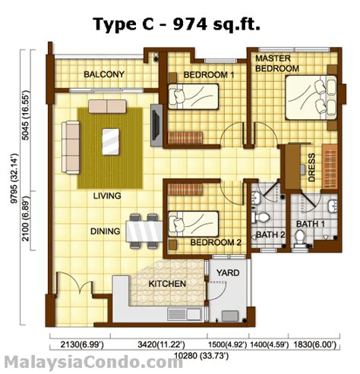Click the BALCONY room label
point(104,74)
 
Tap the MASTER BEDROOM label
point(277,63)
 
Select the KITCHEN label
point(167,284)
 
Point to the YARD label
point(228,273)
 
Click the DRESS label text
point(311,168)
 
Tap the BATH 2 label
point(270,234)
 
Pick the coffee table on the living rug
point(111,142)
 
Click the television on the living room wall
point(156,125)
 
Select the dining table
point(144,231)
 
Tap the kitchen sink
point(185,314)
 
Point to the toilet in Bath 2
point(261,218)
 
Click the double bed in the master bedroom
point(311,98)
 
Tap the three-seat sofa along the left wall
point(71,147)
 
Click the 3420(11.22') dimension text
point(161,344)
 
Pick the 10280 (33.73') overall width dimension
point(201,356)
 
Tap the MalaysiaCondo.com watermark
point(93,363)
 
